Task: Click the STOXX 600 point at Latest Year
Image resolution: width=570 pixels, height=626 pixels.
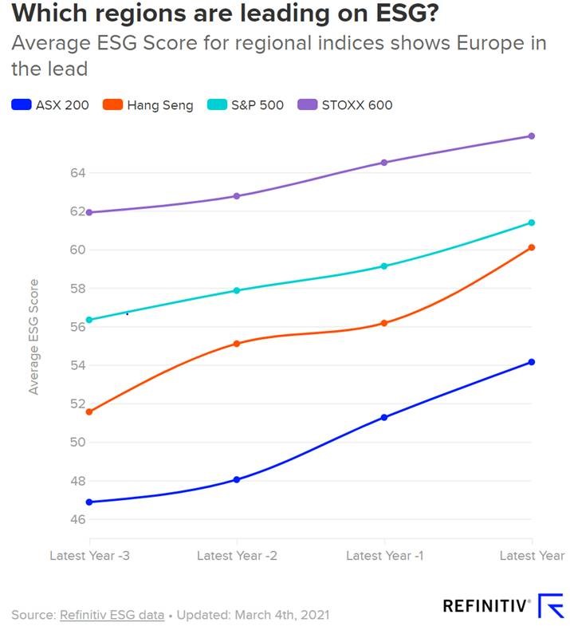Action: [532, 136]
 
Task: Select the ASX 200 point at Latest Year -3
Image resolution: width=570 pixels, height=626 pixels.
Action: [88, 502]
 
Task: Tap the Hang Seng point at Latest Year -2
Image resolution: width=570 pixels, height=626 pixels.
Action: [237, 344]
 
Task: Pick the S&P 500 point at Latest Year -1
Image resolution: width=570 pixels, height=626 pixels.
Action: [384, 266]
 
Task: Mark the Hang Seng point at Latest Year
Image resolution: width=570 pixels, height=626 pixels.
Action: [532, 247]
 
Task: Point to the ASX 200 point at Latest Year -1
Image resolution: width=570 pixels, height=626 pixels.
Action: [384, 417]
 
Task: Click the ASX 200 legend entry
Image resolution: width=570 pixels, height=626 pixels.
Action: [51, 104]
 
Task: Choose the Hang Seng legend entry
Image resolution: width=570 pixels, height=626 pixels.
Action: [151, 104]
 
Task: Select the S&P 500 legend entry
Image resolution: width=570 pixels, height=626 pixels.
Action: [246, 104]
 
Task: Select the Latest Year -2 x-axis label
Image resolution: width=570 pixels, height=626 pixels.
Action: [237, 556]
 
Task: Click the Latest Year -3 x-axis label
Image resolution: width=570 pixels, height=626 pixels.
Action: [89, 556]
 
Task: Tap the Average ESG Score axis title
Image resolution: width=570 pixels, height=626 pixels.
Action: [33, 336]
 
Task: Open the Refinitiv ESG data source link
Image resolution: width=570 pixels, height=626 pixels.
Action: [112, 615]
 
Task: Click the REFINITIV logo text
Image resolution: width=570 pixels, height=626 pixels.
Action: [486, 606]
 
